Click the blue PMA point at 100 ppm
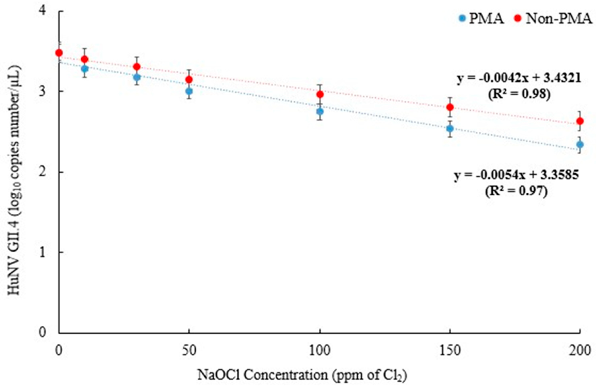tap(320, 111)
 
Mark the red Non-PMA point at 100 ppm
tap(320, 94)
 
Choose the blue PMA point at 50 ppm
tap(189, 91)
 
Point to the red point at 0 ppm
tap(59, 53)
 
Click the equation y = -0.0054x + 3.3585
tap(517, 176)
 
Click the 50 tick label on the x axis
tap(189, 351)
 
